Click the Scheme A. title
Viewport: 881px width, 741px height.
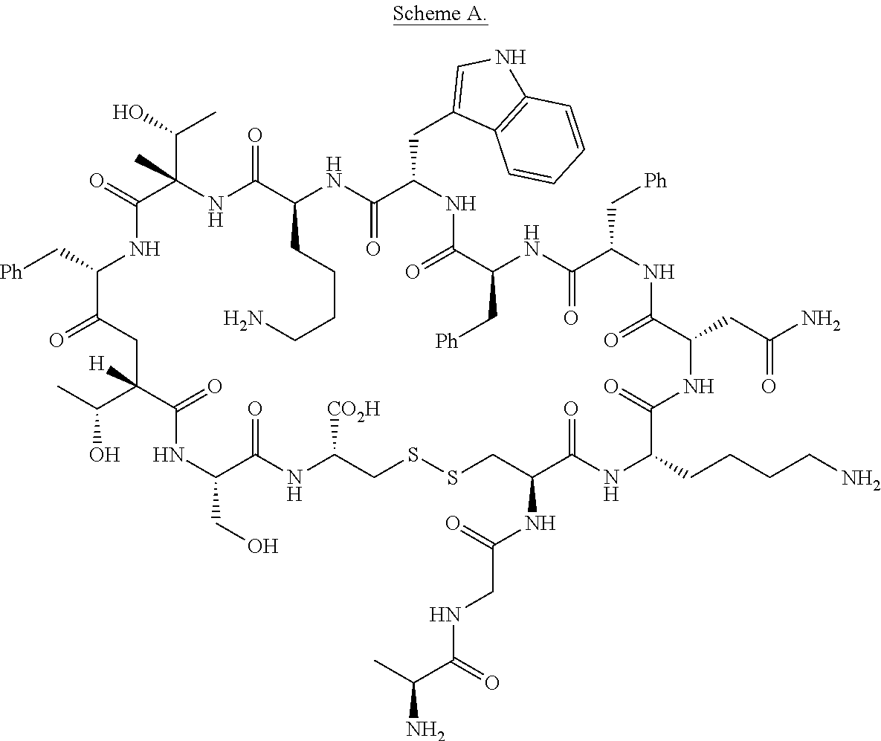click(440, 13)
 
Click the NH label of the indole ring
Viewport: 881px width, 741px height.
click(509, 56)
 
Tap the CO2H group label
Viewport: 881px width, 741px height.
click(354, 409)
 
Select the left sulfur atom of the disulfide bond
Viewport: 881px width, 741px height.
click(413, 455)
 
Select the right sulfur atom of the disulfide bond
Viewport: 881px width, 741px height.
click(452, 477)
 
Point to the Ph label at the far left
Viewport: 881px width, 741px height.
click(11, 273)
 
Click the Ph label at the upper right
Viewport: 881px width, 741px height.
click(655, 181)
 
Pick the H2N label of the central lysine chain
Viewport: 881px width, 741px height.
click(242, 319)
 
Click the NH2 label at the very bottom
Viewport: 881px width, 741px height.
click(425, 730)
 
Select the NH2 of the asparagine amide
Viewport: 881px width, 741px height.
click(821, 320)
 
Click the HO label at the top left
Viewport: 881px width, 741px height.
click(128, 112)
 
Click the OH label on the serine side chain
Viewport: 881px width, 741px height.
click(263, 546)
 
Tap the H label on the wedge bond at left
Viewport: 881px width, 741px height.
click(96, 365)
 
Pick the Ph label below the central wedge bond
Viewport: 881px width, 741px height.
click(448, 341)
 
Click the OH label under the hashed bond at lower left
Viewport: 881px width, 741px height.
click(105, 454)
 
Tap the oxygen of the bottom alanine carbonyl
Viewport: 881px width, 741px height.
click(491, 683)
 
